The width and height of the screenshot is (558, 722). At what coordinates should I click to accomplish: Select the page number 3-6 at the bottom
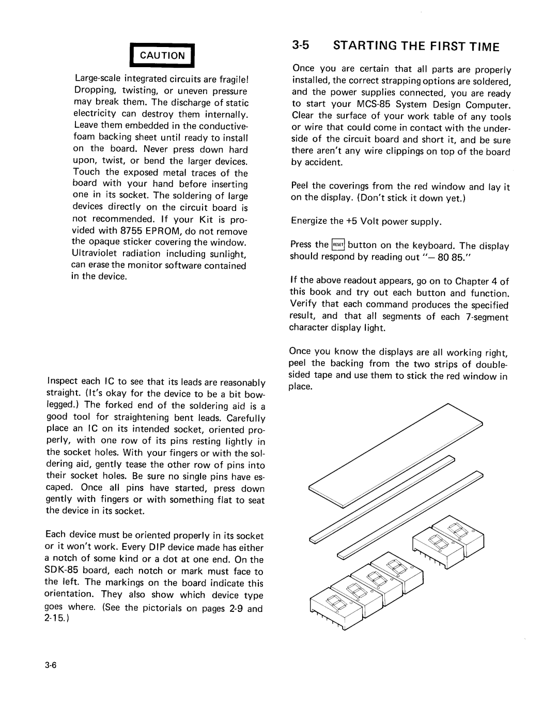coord(54,665)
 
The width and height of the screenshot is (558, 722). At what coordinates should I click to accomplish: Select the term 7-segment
coord(487,316)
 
